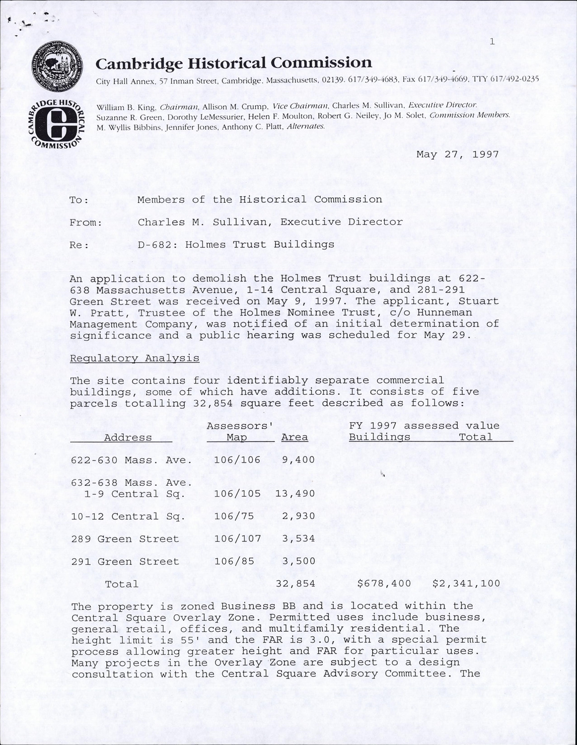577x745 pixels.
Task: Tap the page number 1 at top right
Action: pyautogui.click(x=492, y=42)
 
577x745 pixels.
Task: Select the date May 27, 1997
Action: pyautogui.click(x=457, y=154)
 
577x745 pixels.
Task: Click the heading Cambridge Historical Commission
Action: pyautogui.click(x=233, y=63)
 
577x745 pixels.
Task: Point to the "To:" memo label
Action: pyautogui.click(x=79, y=200)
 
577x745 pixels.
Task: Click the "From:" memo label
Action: pyautogui.click(x=86, y=223)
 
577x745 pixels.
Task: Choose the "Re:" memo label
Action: pyautogui.click(x=79, y=245)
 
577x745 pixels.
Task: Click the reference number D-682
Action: pyautogui.click(x=155, y=244)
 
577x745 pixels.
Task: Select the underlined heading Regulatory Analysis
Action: pyautogui.click(x=135, y=358)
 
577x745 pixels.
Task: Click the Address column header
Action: pyautogui.click(x=128, y=438)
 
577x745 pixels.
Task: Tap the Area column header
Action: pyautogui.click(x=294, y=438)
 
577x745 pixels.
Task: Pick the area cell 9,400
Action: pyautogui.click(x=298, y=460)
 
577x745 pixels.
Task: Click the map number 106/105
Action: pyautogui.click(x=237, y=494)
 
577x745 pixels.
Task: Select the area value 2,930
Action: pyautogui.click(x=298, y=517)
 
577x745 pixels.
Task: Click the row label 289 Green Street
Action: pyautogui.click(x=125, y=539)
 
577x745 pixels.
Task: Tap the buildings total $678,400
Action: pyautogui.click(x=384, y=584)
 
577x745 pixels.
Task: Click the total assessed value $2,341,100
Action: pyautogui.click(x=466, y=584)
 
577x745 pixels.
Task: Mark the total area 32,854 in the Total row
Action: pyautogui.click(x=295, y=584)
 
